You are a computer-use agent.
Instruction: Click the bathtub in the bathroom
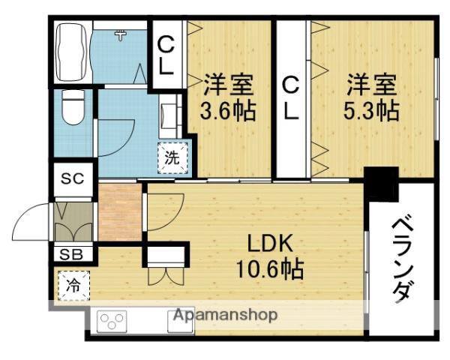tap(72, 52)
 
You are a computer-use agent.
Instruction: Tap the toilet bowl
tap(73, 109)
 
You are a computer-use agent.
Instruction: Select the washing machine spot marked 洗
tap(172, 157)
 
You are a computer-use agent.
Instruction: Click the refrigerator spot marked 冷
tap(73, 284)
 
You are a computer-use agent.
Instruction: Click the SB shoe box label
tap(71, 253)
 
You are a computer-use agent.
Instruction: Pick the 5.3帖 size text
tap(371, 111)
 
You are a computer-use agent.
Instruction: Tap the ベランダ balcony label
tap(402, 259)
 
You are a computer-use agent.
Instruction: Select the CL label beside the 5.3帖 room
tap(291, 98)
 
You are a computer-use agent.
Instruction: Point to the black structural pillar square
tap(381, 182)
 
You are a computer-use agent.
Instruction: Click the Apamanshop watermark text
tap(225, 314)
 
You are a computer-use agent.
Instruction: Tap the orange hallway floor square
tap(121, 212)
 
